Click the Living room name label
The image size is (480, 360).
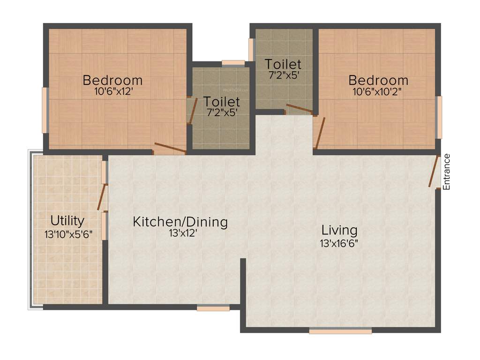point(339,230)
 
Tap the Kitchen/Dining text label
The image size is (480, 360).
point(180,222)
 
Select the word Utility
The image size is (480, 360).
point(67,220)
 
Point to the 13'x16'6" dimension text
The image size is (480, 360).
point(339,243)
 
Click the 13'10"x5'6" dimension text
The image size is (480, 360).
point(67,233)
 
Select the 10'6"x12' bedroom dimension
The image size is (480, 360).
point(112,92)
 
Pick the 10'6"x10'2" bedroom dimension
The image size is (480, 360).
point(378,92)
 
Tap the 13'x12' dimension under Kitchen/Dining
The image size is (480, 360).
point(180,233)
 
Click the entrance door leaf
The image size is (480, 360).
point(434,172)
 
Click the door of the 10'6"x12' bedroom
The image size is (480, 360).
point(170,148)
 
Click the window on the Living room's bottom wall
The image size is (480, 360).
point(340,331)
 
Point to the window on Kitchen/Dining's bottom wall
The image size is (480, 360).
point(213,308)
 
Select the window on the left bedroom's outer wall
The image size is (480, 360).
point(45,110)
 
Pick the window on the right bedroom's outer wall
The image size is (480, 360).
point(439,117)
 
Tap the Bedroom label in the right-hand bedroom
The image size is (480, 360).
point(378,79)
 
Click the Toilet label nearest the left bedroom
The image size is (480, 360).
point(221,101)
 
